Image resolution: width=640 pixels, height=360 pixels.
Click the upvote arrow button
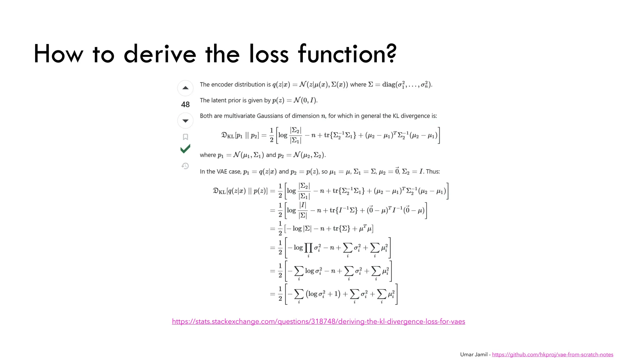(185, 88)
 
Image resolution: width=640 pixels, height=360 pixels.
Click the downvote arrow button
(185, 121)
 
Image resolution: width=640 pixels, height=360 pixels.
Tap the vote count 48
(185, 104)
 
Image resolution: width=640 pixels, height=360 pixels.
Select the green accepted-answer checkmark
(185, 149)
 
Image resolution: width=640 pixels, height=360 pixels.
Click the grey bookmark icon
(185, 137)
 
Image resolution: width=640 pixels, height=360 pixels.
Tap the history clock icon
(185, 166)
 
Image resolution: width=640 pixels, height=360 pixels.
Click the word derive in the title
(160, 54)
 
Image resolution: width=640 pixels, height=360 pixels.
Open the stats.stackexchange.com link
(318, 321)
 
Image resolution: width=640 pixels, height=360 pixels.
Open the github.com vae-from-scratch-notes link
(552, 354)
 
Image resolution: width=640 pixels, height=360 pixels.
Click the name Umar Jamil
(474, 354)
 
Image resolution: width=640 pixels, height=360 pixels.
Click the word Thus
(433, 172)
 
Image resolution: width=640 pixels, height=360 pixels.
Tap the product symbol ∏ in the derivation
(308, 248)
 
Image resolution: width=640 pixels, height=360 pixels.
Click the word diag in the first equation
(389, 84)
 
